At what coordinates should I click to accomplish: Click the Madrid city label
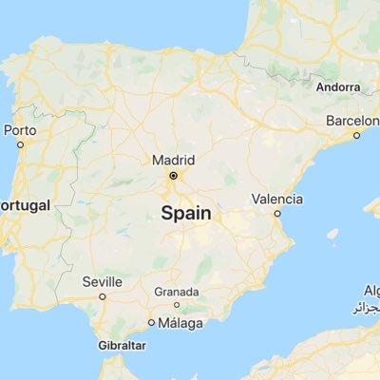(x=173, y=160)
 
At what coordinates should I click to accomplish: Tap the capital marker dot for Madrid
(x=173, y=176)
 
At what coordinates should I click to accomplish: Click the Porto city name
(x=20, y=130)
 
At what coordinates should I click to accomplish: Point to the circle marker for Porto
(x=20, y=144)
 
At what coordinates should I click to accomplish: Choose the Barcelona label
(x=352, y=121)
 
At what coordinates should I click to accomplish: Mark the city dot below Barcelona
(x=356, y=135)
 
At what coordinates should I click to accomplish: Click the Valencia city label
(x=277, y=199)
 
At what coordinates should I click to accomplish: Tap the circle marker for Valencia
(x=277, y=214)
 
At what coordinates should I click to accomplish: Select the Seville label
(x=102, y=281)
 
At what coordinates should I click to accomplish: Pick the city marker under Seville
(x=103, y=295)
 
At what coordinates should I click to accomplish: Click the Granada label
(x=177, y=292)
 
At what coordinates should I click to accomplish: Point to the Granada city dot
(x=177, y=304)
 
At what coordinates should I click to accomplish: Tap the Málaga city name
(x=180, y=323)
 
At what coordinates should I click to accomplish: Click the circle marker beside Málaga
(x=152, y=323)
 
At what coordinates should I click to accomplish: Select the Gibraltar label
(x=122, y=345)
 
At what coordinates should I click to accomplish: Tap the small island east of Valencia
(x=332, y=234)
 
